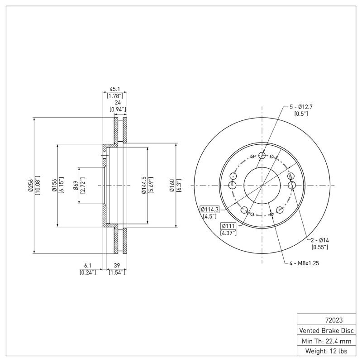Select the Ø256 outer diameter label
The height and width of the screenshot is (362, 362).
point(30,185)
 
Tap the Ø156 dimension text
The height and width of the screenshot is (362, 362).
point(53,185)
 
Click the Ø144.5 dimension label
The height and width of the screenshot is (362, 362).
point(143,185)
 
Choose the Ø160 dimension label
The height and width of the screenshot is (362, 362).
point(172,185)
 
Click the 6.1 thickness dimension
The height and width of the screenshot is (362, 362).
point(88,266)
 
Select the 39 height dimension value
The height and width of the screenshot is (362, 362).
point(116,266)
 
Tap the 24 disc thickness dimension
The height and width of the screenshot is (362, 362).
point(117,103)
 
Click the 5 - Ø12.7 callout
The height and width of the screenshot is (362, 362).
point(301,107)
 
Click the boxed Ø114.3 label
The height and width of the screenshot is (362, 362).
point(210,209)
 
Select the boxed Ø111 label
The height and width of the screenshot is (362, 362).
point(229,226)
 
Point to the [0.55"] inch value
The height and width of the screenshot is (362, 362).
point(319,247)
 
